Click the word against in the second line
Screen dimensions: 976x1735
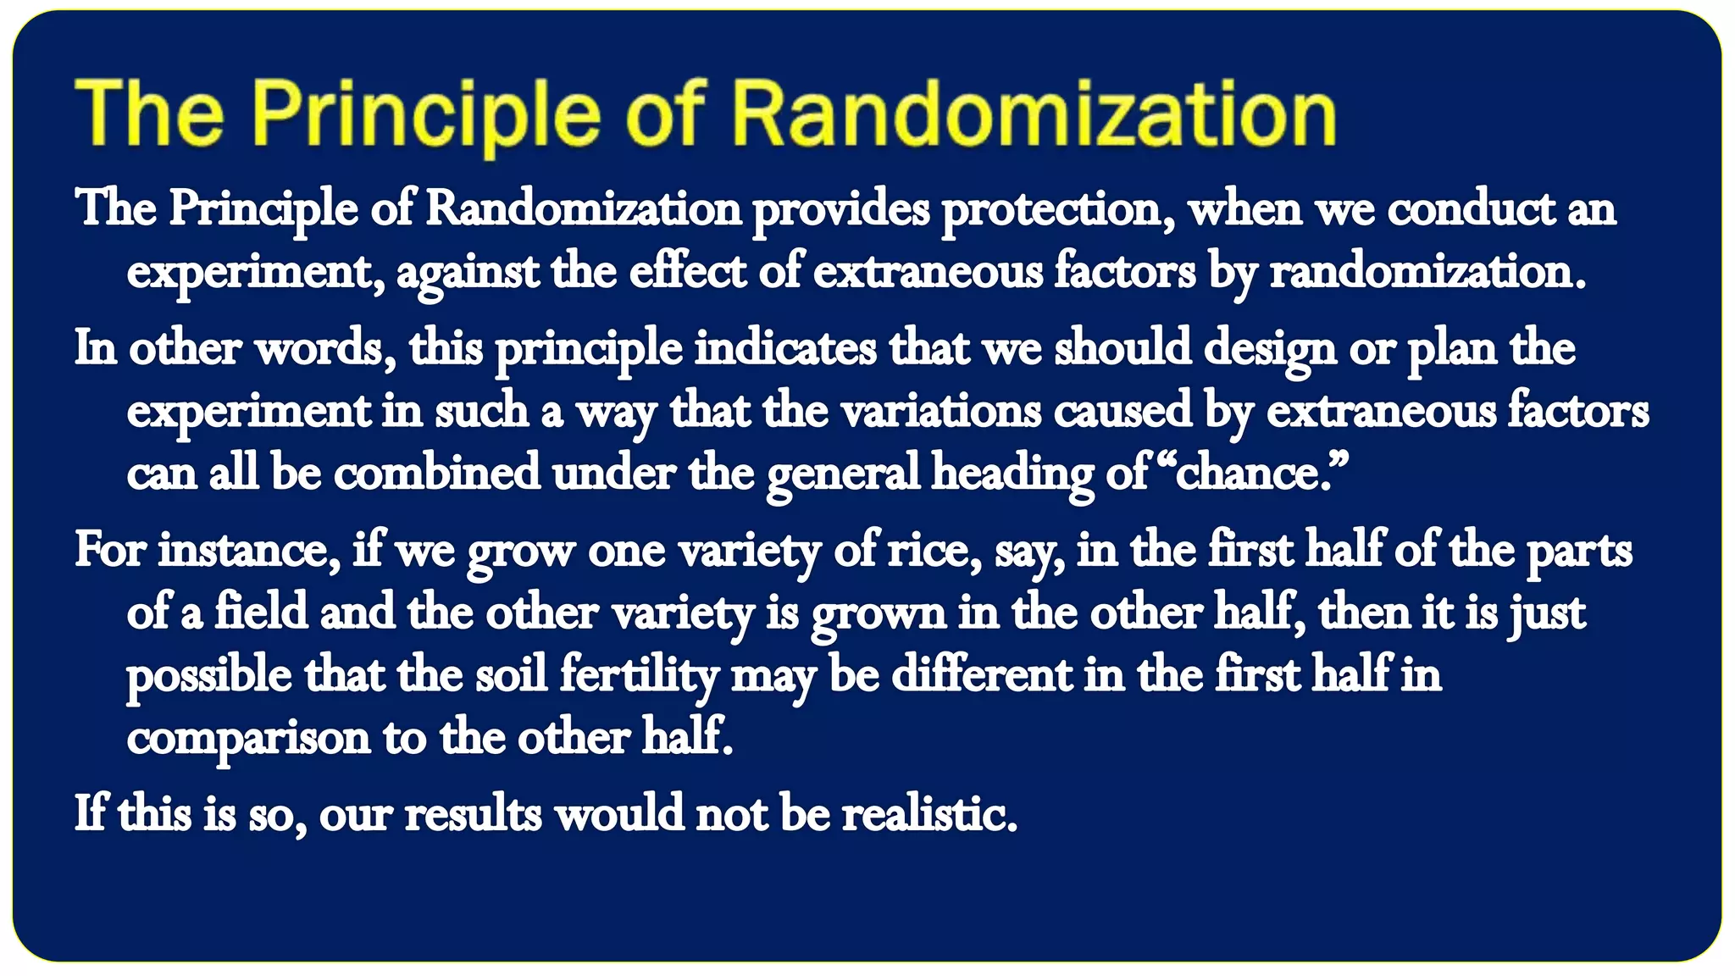pos(467,273)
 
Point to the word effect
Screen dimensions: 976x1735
pos(688,273)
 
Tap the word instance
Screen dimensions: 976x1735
pos(249,551)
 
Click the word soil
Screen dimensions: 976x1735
pos(511,676)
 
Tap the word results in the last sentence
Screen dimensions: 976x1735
pos(473,815)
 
